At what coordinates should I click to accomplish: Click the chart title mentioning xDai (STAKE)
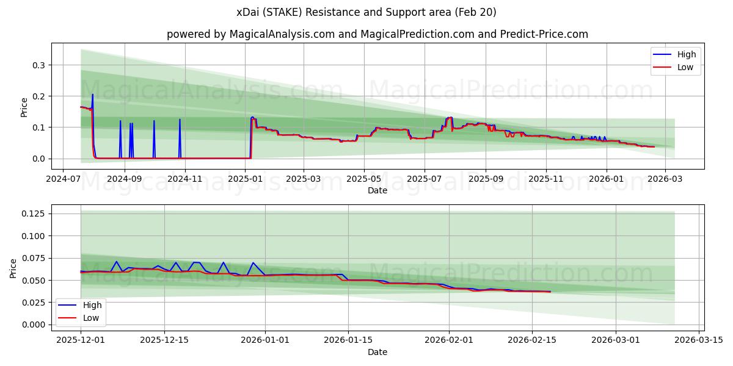click(366, 12)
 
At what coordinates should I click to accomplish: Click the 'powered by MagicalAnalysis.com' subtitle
click(377, 34)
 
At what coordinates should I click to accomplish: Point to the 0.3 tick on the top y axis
click(39, 65)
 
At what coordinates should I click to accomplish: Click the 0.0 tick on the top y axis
click(39, 159)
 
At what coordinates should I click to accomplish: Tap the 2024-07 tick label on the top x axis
click(64, 179)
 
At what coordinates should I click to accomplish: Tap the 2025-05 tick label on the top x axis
click(364, 179)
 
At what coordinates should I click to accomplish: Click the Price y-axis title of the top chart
click(24, 107)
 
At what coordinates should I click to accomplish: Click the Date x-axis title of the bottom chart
click(377, 352)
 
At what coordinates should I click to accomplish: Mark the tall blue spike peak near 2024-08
click(93, 94)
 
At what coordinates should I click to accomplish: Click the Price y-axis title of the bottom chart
click(13, 268)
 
